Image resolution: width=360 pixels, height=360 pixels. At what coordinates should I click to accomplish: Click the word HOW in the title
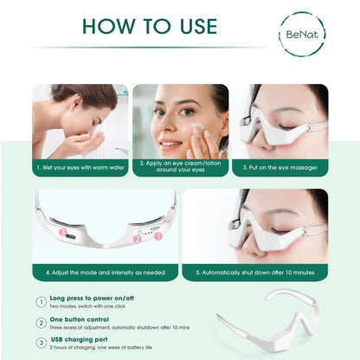pos(107,26)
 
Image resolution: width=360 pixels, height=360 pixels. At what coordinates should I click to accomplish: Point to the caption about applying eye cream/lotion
pos(181,167)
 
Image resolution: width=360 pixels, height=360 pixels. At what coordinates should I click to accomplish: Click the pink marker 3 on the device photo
pos(62,232)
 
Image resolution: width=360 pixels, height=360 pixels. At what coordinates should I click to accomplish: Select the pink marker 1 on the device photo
pos(158,235)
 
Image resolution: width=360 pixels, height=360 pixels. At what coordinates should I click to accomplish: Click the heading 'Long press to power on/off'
pos(92,299)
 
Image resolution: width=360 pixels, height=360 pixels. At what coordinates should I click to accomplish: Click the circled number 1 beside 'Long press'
pos(42,302)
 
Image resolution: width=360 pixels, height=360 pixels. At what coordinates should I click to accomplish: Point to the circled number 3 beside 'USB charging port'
pos(42,343)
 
